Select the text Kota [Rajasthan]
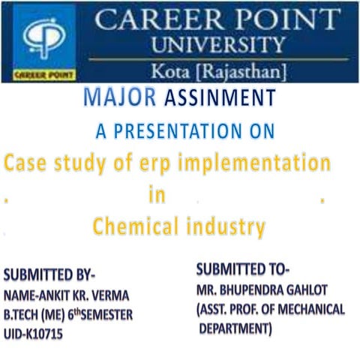pos(217,71)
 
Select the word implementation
pos(252,163)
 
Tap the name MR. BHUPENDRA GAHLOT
pos(263,289)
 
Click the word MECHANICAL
pos(308,309)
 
